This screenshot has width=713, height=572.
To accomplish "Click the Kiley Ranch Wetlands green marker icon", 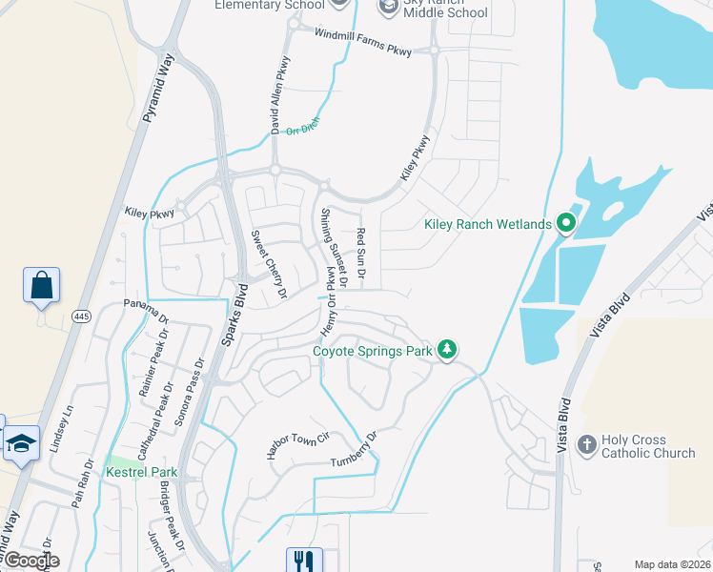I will coord(565,224).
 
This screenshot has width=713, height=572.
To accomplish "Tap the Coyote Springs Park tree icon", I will coord(446,351).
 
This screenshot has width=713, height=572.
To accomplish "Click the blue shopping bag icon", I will coord(42,285).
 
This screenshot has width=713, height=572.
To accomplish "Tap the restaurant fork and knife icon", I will coord(305,560).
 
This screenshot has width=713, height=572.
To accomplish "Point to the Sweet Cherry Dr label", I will coord(269,265).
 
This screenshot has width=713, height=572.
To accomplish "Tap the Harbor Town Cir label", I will coord(297,444).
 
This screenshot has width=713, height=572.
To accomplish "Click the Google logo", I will coord(31,561).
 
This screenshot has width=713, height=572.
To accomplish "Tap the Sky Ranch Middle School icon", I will coord(389,8).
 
